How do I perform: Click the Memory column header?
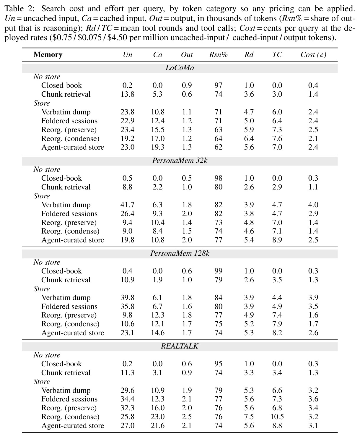coord(48,54)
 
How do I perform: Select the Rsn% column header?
coord(218,54)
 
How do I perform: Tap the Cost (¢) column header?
coord(313,55)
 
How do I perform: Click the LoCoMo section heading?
coord(180,68)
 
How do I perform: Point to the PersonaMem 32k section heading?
coord(180,161)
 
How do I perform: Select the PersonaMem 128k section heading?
coord(180,253)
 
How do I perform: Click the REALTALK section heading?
coord(180,346)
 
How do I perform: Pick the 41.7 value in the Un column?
coord(127,205)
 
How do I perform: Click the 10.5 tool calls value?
coord(277,417)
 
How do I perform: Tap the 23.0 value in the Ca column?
coord(157,417)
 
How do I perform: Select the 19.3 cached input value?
coord(157,147)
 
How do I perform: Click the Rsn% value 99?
coord(218,271)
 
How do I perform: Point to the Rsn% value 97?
coord(218,85)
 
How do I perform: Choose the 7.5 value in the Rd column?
coord(249,417)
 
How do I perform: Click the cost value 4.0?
coord(313,205)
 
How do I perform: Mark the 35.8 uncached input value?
coord(127,306)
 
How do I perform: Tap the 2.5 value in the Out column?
coord(187,417)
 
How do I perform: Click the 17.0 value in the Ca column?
coord(157,138)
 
